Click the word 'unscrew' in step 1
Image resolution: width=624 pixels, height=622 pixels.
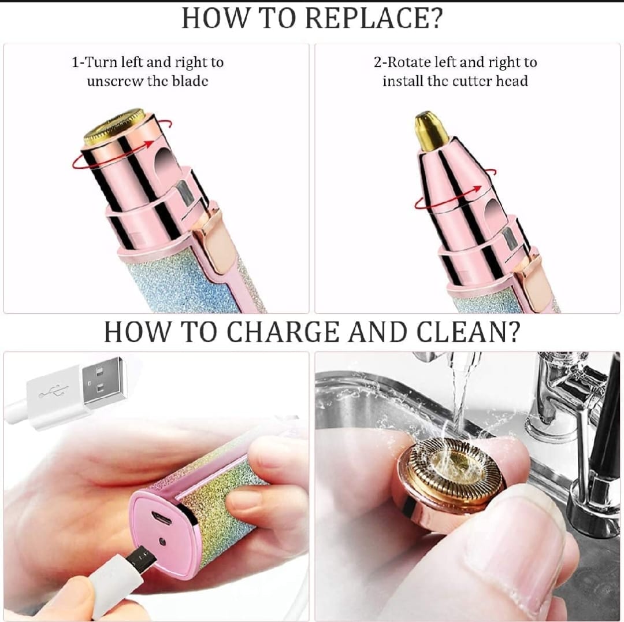pyautogui.click(x=115, y=81)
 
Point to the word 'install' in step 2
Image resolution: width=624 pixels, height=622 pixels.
pyautogui.click(x=403, y=81)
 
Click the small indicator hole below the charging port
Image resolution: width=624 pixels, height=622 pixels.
pyautogui.click(x=162, y=542)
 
